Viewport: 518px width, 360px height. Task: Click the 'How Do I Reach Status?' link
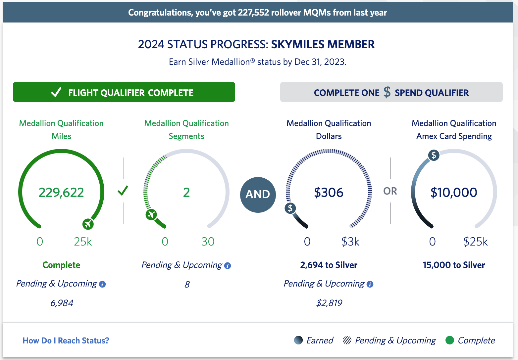(x=66, y=340)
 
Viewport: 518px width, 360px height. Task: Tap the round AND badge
(x=258, y=195)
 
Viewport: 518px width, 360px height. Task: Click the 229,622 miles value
(x=61, y=193)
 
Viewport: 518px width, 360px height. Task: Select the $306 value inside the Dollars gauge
(x=329, y=193)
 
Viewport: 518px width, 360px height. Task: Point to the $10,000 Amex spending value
(x=453, y=193)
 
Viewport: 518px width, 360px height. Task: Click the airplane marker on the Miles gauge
(x=88, y=224)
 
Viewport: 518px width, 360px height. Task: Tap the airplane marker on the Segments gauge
(x=151, y=214)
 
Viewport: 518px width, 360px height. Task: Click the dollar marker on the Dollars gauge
(x=290, y=208)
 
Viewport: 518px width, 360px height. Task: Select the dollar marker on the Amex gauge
(x=434, y=155)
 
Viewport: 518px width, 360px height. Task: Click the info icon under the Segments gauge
(x=228, y=266)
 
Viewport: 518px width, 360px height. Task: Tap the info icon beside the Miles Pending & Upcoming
(x=102, y=284)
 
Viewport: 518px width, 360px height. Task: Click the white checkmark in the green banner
(x=56, y=92)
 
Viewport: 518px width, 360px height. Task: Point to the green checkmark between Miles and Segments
(x=123, y=191)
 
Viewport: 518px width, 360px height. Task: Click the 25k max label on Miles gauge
(x=83, y=242)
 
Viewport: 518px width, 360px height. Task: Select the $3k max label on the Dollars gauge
(x=350, y=242)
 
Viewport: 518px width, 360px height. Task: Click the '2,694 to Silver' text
(x=329, y=265)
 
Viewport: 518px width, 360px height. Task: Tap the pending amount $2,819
(x=329, y=303)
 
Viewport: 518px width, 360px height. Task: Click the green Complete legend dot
(x=449, y=340)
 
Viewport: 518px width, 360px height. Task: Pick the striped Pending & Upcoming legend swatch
(x=347, y=340)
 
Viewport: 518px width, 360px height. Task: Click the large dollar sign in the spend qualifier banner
(x=387, y=92)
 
